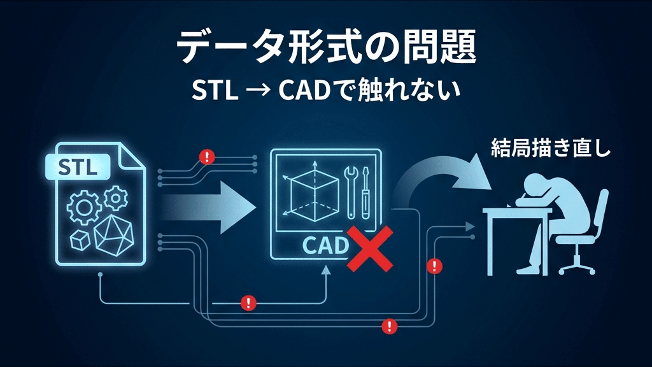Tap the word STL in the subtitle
coord(215,91)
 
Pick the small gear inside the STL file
coord(115,198)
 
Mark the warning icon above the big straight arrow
coord(206,157)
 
